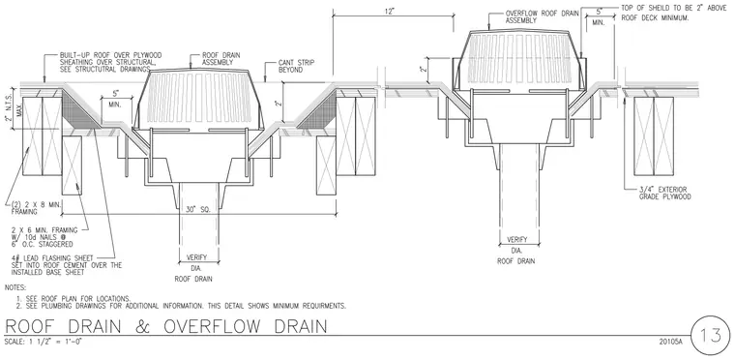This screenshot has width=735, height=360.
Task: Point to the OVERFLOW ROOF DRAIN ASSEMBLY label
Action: coord(542,17)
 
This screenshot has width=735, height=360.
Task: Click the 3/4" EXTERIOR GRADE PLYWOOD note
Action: coord(664,194)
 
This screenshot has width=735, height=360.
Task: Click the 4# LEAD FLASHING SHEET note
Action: coord(67,265)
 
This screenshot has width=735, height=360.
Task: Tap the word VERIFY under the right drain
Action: coord(517,240)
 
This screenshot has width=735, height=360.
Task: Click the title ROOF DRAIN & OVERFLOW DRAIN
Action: coord(165,327)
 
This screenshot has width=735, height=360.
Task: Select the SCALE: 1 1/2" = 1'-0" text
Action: coord(44,342)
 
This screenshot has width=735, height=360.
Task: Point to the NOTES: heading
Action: coord(15,287)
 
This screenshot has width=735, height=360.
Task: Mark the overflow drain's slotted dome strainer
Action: coord(519,60)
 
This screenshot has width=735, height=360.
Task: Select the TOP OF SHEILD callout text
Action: coord(674,14)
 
